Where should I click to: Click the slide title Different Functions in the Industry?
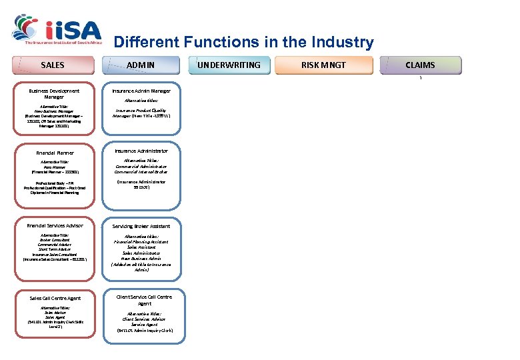tap(243, 43)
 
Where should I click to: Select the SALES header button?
tap(53, 65)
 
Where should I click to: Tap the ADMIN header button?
tap(141, 65)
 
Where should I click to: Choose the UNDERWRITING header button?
tap(229, 65)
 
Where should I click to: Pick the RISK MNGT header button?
tap(323, 65)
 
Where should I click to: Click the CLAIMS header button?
tap(420, 65)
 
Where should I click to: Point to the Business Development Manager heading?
tap(54, 94)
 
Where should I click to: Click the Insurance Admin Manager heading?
tap(141, 91)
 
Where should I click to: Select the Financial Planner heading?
tap(55, 153)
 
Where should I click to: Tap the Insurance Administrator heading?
tap(141, 151)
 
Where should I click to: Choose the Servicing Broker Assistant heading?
tap(141, 226)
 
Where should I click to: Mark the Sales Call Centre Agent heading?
tap(55, 298)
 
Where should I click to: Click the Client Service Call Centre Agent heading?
tap(143, 300)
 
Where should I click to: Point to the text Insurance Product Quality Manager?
tap(141, 113)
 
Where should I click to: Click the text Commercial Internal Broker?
tap(141, 172)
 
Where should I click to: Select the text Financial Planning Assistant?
tap(141, 242)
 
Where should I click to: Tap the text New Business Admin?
tap(141, 259)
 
